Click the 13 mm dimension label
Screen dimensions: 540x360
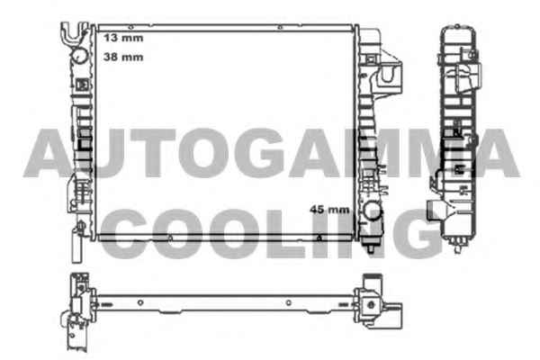point(123,38)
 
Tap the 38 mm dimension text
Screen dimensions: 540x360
point(123,57)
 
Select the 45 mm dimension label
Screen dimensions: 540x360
point(329,209)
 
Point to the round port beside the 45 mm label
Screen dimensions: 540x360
point(373,211)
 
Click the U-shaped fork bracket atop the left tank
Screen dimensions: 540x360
point(74,31)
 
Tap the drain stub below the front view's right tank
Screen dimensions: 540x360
point(371,247)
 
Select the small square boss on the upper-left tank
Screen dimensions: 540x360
point(82,85)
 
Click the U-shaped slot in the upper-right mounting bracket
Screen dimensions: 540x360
point(389,75)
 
